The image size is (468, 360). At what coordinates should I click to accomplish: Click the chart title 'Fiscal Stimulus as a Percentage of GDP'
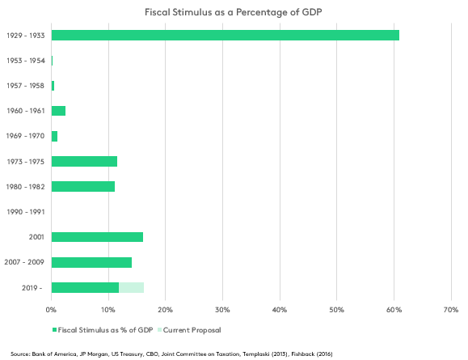point(234,12)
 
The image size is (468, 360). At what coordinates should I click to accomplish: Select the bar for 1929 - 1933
point(226,36)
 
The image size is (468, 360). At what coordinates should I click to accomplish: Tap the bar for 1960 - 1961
point(58,111)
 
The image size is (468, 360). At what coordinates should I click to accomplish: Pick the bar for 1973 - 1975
point(84,161)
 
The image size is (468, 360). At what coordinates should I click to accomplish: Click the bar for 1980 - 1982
point(83,186)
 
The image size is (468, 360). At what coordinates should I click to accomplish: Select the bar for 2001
point(97,237)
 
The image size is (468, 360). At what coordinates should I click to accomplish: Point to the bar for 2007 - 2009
point(91,262)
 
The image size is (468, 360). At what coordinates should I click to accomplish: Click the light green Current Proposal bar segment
point(131,287)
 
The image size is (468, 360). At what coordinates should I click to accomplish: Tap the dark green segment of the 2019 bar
point(85,287)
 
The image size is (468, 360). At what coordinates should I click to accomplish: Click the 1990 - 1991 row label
point(26,212)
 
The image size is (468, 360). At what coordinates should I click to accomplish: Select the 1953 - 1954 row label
point(26,61)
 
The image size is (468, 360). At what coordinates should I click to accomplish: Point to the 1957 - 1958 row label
point(26,86)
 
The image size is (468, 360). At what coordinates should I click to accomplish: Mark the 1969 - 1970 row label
point(25,136)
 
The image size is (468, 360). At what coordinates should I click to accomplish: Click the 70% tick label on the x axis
point(451,310)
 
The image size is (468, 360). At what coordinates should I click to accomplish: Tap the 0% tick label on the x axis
point(51,310)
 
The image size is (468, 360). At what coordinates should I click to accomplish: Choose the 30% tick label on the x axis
point(222,310)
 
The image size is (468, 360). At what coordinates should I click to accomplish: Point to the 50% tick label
point(337,310)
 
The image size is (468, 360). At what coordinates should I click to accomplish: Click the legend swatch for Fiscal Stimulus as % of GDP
point(55,330)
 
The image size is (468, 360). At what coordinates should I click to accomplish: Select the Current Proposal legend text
point(192,330)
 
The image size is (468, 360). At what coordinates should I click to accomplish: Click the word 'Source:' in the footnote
point(20,354)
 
